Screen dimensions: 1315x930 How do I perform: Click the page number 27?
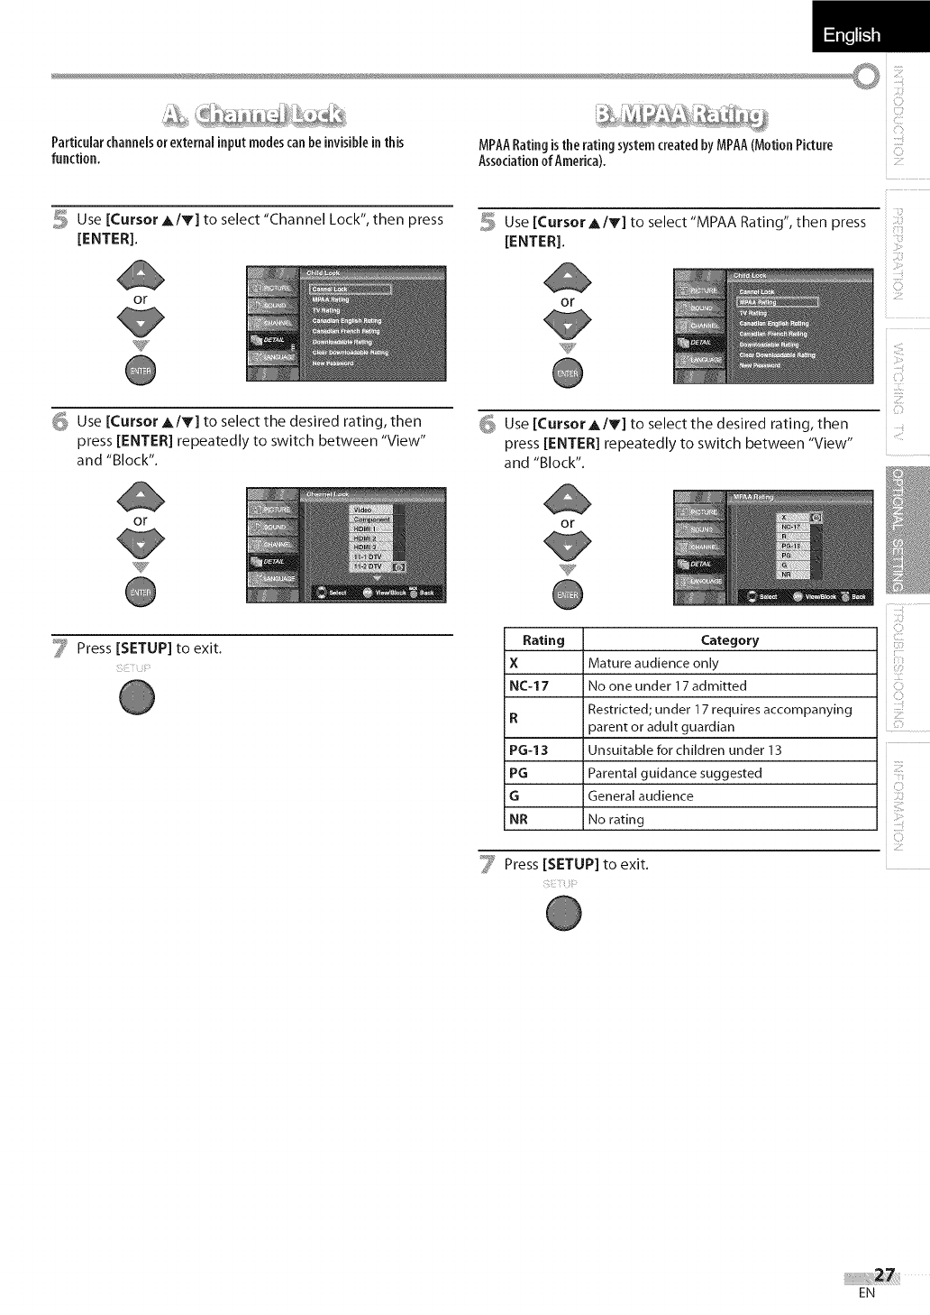(884, 1274)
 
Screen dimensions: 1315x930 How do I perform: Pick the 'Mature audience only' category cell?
(653, 663)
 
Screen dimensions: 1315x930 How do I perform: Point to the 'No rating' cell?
(616, 820)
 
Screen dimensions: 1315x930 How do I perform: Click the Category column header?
(729, 639)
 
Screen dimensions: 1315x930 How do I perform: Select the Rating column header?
(543, 639)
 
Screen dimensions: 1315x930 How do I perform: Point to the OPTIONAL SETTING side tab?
(907, 531)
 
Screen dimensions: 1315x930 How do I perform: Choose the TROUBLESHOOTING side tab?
(907, 667)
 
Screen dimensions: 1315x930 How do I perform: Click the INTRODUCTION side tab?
(907, 123)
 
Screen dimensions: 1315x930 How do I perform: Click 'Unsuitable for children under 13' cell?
(685, 750)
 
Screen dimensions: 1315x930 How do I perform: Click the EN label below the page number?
(866, 1293)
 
